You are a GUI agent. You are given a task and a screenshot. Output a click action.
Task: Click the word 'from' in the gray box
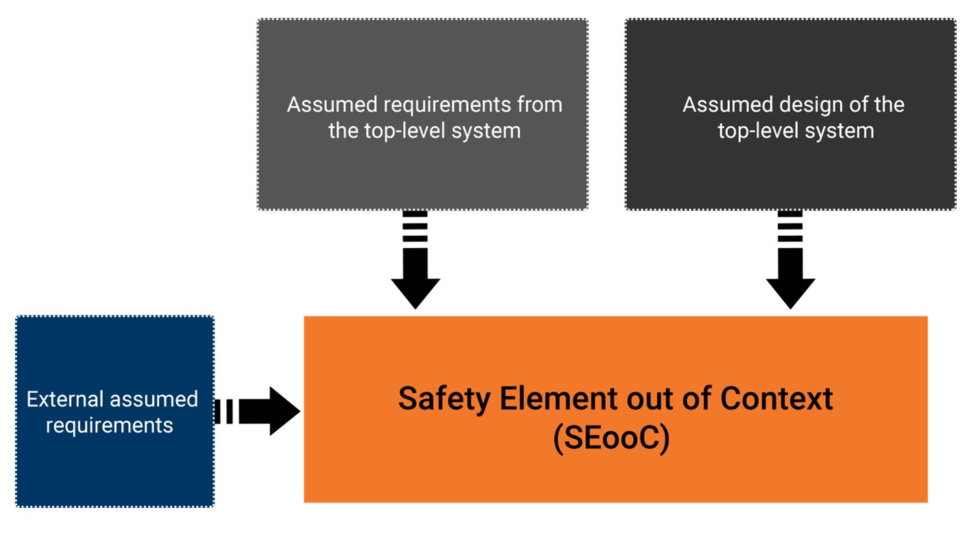(x=540, y=105)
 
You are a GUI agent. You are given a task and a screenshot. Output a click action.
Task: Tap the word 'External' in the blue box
(x=65, y=399)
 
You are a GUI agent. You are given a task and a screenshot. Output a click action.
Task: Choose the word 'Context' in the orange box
(x=776, y=398)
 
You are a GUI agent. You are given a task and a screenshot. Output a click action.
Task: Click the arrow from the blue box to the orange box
(x=257, y=411)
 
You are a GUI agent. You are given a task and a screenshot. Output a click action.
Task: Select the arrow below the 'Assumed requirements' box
(x=415, y=260)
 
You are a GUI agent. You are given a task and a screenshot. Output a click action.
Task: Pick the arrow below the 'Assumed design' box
(x=790, y=260)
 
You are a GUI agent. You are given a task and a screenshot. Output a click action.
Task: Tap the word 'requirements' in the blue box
(x=110, y=426)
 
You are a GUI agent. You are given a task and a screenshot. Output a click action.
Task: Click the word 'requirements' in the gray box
(x=447, y=106)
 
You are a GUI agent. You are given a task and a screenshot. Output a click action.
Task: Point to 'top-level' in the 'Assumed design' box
(x=758, y=132)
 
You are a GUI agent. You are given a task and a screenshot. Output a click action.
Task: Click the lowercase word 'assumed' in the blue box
(x=154, y=399)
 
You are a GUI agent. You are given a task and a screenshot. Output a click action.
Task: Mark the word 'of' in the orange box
(x=697, y=398)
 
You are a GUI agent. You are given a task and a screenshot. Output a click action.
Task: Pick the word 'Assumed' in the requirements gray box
(x=332, y=105)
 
